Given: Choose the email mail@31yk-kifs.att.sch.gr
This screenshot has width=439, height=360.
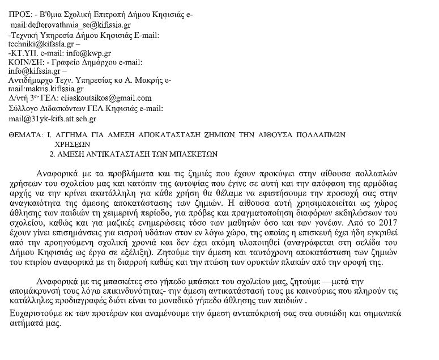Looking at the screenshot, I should click(53, 118).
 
